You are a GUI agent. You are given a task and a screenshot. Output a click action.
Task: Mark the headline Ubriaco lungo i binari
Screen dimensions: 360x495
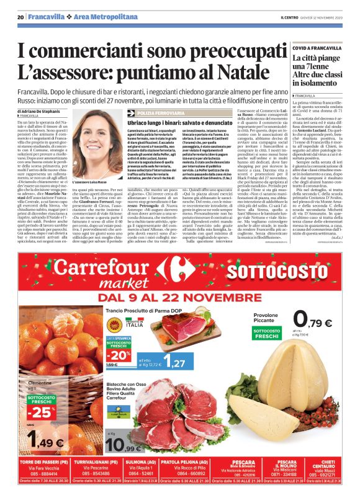click(x=176, y=125)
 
